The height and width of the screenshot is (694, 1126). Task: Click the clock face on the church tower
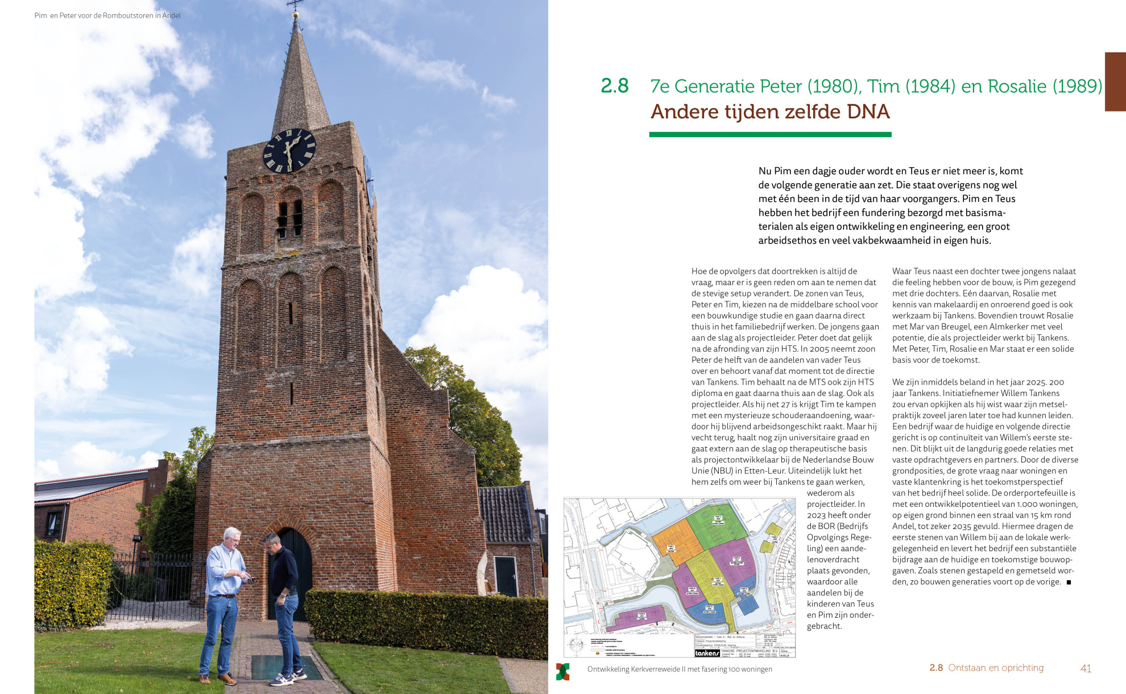tap(289, 150)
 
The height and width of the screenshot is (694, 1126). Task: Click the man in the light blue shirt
tap(223, 603)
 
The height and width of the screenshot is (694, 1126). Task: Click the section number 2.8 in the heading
tap(614, 86)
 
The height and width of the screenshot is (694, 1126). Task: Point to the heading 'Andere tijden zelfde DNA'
tap(770, 111)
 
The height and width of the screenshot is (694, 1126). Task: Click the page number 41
tap(1086, 668)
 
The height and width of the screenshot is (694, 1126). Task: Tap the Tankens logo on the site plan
tap(707, 652)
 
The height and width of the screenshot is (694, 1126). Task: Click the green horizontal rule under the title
tap(770, 135)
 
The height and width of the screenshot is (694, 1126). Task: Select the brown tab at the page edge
tap(1115, 81)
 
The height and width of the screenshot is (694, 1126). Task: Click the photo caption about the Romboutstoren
tap(107, 15)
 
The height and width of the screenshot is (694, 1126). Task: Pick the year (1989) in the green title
tap(1077, 86)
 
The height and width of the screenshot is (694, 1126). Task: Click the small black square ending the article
tap(1069, 582)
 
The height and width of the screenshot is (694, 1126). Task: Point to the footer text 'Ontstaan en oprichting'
tap(995, 668)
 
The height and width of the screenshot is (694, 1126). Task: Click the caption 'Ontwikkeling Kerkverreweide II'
tap(680, 669)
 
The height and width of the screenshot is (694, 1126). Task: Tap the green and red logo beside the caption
tap(562, 671)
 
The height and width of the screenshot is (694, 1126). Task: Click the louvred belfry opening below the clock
tap(289, 219)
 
